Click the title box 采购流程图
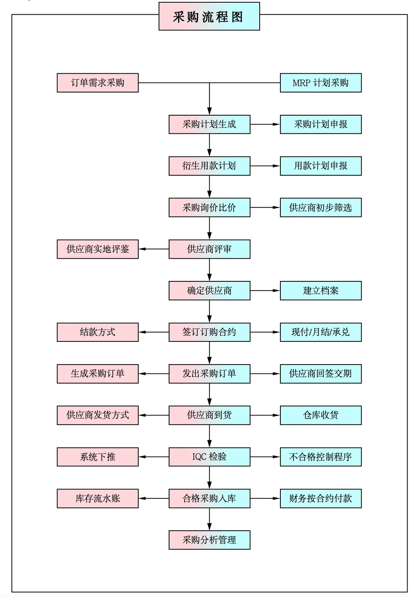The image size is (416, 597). point(209,17)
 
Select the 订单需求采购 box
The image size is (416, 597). point(97,83)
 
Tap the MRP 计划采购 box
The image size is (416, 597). point(320,83)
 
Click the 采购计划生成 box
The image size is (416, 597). point(209,124)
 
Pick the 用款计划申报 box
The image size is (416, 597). point(320,166)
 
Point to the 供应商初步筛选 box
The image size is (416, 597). point(320,208)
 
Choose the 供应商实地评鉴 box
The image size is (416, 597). point(97,249)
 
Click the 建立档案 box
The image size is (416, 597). point(320,291)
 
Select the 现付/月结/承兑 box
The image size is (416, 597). point(320,332)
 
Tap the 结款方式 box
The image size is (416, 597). point(97,332)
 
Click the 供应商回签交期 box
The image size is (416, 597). point(320,373)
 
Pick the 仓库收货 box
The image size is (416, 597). point(320,415)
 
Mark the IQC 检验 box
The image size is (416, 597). point(209,457)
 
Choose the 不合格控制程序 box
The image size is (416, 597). point(320,457)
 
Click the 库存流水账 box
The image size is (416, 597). point(97,498)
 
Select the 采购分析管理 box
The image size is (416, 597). point(209,540)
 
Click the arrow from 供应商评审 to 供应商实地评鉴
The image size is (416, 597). point(154,249)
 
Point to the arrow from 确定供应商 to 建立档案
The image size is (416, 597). point(265,291)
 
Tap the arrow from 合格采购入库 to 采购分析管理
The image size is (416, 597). point(210,519)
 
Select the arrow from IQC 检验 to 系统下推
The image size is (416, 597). point(154,457)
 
